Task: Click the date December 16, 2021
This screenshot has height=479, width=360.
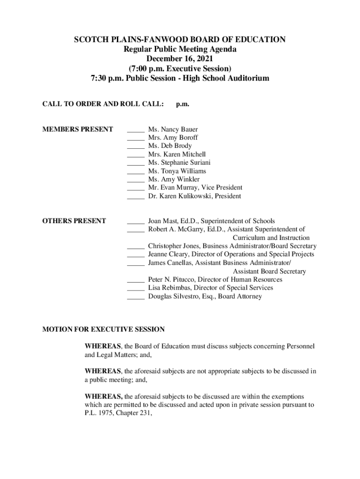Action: [180, 58]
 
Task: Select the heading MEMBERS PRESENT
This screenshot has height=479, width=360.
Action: [78, 129]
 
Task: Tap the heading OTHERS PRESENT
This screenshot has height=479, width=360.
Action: [74, 221]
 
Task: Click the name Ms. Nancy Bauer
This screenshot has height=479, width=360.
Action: [173, 129]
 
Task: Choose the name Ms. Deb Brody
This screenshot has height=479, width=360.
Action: [170, 146]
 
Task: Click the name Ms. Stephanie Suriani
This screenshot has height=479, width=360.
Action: [179, 162]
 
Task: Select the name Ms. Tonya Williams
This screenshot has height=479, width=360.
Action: [177, 171]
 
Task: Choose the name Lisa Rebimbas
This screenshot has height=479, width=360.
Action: [169, 288]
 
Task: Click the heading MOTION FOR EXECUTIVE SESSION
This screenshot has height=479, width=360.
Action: [103, 329]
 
